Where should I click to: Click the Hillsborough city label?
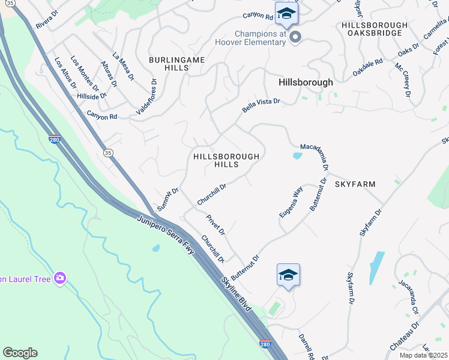tap(306, 82)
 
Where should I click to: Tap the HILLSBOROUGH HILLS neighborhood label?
tap(226, 160)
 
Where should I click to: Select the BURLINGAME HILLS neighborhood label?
tap(178, 64)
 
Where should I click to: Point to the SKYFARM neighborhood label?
tap(355, 184)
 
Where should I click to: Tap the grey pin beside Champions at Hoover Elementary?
tap(295, 38)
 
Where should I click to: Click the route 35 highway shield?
tap(109, 154)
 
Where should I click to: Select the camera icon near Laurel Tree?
tap(59, 278)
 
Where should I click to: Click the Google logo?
tap(20, 353)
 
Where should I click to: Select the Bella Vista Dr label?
tap(261, 106)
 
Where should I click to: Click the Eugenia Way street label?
tap(291, 202)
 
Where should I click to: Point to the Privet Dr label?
tap(215, 224)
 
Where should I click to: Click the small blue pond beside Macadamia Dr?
tap(297, 157)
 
